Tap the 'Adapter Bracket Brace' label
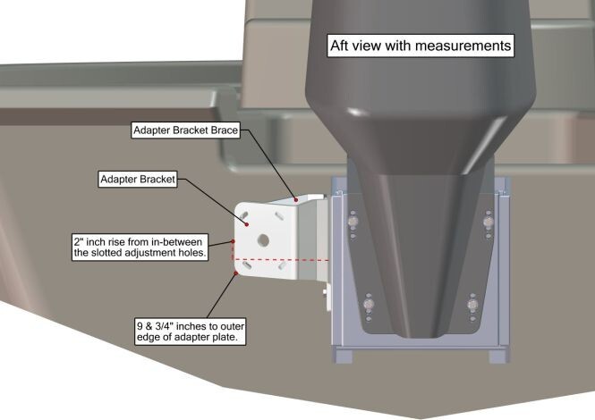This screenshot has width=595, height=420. click(187, 130)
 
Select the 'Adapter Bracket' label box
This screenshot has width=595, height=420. click(139, 179)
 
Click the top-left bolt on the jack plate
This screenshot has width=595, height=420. click(353, 220)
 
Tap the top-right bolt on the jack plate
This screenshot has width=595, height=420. click(489, 220)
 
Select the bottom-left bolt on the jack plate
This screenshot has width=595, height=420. click(369, 308)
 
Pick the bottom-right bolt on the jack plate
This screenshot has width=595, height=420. click(473, 308)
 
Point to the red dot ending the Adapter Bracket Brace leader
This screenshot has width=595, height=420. click(296, 197)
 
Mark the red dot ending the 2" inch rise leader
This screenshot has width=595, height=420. click(234, 241)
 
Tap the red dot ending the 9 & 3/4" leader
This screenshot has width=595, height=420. click(234, 274)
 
